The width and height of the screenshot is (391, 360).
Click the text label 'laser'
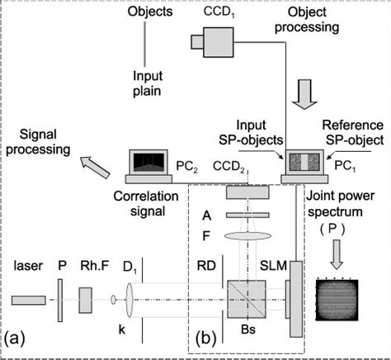[x=26, y=266]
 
